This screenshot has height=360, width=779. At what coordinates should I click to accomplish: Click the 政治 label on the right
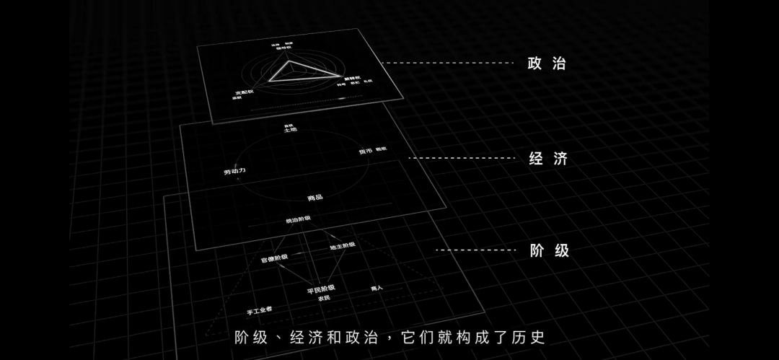coord(547,63)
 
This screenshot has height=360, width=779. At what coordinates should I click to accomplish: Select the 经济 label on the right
coord(548,159)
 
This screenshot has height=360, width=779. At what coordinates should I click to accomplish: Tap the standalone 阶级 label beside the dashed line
coord(550,251)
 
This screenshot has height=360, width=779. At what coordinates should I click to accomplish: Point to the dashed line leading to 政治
coord(447,63)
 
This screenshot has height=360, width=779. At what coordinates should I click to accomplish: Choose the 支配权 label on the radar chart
coord(245,92)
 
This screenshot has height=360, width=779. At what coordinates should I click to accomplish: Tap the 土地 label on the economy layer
coord(290,130)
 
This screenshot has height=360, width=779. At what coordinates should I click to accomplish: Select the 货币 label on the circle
coord(366,152)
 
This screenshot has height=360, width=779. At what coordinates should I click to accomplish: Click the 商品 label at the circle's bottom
coord(314,197)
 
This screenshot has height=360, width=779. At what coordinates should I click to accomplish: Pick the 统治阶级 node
coord(298,219)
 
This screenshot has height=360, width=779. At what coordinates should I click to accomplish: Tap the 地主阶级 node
coord(343,246)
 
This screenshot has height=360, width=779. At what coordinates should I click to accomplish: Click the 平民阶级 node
coord(321,289)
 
